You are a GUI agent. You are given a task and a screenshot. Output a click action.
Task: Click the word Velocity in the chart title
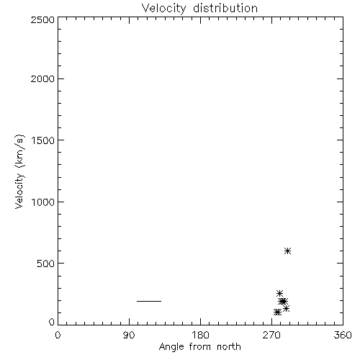click(x=163, y=9)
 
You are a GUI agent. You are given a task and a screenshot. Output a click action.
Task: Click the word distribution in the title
click(x=225, y=8)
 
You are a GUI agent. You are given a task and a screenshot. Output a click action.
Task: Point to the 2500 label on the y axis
click(x=42, y=19)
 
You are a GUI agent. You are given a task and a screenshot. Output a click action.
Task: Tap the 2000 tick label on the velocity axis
click(x=42, y=78)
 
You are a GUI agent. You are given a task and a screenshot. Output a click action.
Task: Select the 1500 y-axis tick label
click(x=43, y=140)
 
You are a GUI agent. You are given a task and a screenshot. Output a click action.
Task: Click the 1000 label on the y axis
click(x=43, y=202)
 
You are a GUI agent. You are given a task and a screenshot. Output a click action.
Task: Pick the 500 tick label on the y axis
click(x=46, y=264)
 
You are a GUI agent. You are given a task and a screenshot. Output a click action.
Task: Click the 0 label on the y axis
click(x=52, y=322)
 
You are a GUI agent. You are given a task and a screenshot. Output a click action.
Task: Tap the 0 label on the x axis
click(x=58, y=335)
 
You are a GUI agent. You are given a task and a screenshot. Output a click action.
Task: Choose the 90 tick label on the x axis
click(x=129, y=335)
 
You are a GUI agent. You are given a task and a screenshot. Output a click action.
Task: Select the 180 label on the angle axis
click(x=200, y=335)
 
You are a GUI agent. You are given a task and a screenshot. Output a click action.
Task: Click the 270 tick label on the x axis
click(x=271, y=335)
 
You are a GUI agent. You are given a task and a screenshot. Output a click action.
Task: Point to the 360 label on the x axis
click(x=343, y=335)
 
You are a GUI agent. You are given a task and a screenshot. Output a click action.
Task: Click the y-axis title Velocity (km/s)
click(x=19, y=171)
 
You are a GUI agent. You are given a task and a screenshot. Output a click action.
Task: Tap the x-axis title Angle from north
click(x=200, y=347)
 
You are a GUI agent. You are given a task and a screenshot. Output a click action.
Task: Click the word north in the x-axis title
click(x=229, y=346)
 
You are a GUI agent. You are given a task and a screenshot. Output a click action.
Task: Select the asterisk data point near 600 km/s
click(x=287, y=251)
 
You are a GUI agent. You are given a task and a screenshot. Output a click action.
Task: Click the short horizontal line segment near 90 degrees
click(x=149, y=301)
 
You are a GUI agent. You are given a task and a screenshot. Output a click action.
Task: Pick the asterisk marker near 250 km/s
click(x=279, y=293)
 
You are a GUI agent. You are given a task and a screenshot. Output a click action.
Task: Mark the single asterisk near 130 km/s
click(x=286, y=308)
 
